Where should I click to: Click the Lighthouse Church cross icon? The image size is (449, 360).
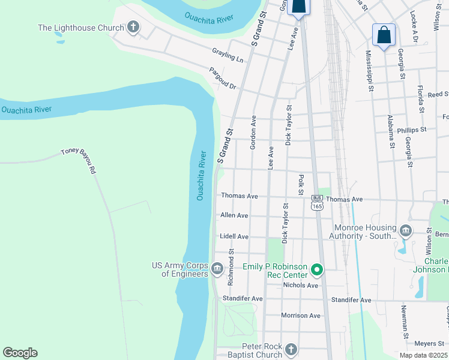[133, 27]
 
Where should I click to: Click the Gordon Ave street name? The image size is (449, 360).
[253, 132]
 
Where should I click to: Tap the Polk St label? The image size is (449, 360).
[301, 185]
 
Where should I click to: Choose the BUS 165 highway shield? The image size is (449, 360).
[317, 202]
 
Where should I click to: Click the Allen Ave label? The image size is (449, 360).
[234, 215]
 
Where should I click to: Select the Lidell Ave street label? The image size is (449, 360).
[234, 236]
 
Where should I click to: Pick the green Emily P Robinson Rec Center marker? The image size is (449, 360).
[317, 271]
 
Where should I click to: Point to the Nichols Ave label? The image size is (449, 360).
[300, 285]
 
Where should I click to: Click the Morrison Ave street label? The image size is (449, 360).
[300, 315]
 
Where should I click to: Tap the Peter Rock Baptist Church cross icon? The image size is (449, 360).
[291, 349]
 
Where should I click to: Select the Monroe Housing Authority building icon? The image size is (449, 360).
[406, 230]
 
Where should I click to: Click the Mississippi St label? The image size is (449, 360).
[370, 71]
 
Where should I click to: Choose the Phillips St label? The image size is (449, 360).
[411, 129]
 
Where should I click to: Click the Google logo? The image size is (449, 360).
[20, 353]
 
